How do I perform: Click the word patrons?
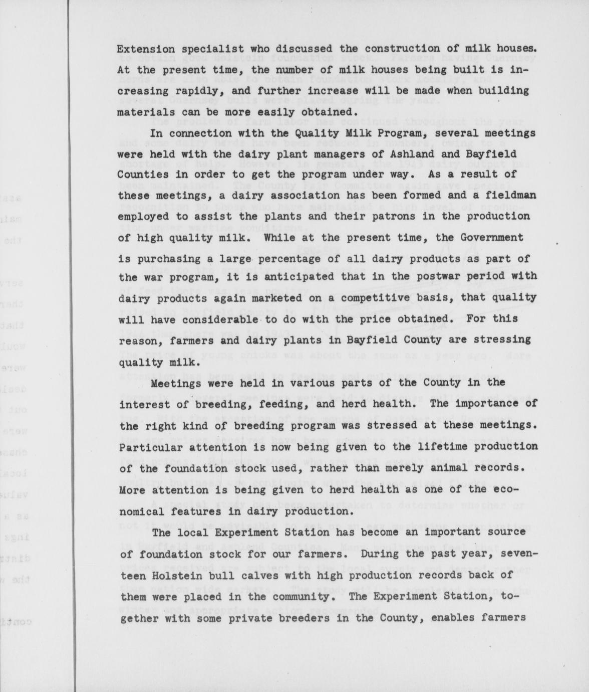pos(345,217)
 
